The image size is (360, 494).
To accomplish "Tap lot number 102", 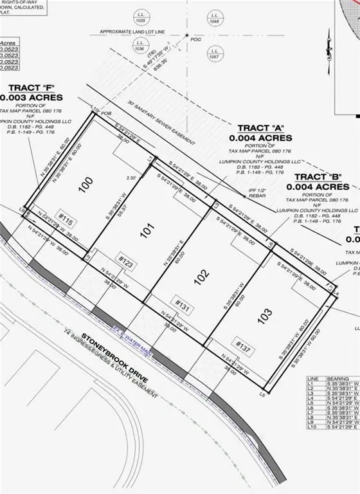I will pos(201,277).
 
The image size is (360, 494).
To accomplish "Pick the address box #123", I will pos(125,261).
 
